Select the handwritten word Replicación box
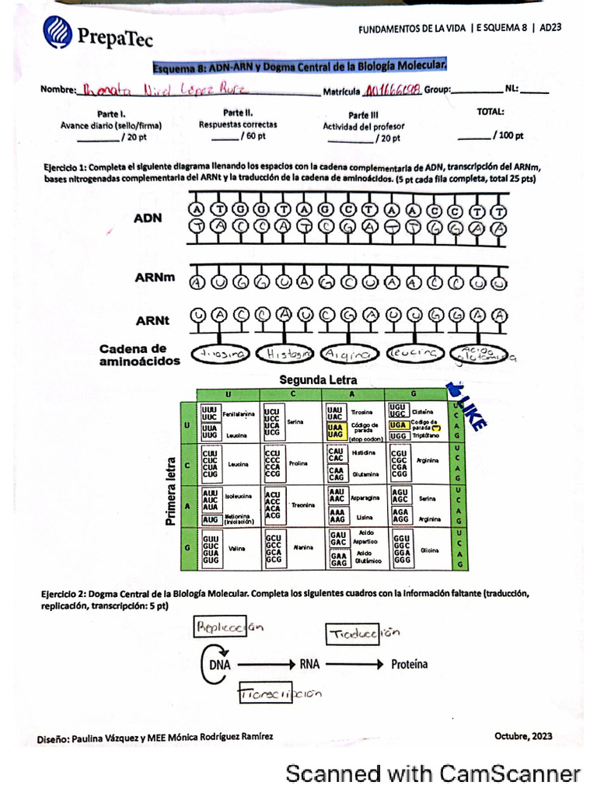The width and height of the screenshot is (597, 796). [x=219, y=627]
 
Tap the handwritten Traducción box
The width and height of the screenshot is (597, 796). [x=354, y=634]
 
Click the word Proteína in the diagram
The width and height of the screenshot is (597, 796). [x=409, y=665]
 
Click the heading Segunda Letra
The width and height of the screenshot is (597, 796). [x=319, y=380]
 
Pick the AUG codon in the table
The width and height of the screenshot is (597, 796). [x=210, y=518]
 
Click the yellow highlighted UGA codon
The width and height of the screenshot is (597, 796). [x=397, y=425]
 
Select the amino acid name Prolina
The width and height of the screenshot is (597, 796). [x=298, y=464]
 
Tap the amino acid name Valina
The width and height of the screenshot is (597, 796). [x=237, y=548]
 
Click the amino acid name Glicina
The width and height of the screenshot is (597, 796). [x=429, y=549]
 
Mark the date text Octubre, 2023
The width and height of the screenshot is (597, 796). [x=523, y=735]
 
